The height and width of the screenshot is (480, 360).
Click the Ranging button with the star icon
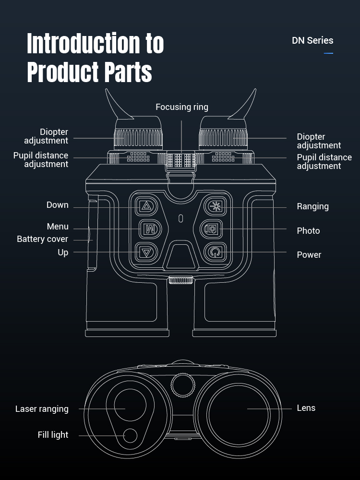point(215,206)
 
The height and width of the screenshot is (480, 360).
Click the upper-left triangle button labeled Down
point(146,206)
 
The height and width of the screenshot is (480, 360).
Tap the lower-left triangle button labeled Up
point(146,252)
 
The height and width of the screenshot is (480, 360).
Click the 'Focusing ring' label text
point(181,107)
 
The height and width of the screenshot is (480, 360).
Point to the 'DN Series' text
point(312,41)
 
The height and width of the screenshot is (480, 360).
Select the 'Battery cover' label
point(42,239)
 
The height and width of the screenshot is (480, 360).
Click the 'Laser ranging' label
point(42,409)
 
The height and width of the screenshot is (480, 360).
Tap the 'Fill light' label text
point(53,435)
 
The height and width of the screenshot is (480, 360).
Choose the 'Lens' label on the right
point(306,408)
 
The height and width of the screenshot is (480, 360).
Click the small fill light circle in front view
point(130,436)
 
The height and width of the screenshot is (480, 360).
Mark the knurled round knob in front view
point(183,384)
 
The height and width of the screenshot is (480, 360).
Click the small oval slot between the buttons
point(180,219)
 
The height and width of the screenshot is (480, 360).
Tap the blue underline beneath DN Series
point(328,53)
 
